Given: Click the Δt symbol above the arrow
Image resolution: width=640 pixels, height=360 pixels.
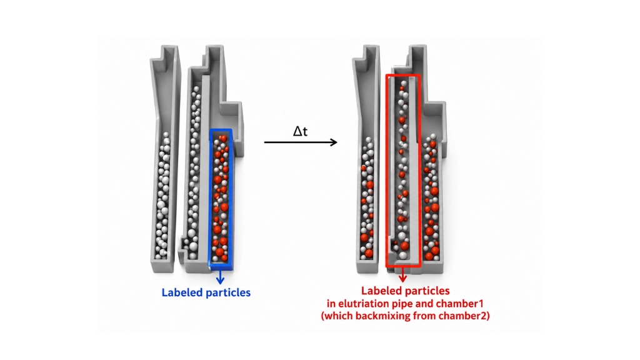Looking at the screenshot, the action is pyautogui.click(x=300, y=131).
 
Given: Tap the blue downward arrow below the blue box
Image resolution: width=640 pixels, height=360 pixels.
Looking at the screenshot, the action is pyautogui.click(x=221, y=276).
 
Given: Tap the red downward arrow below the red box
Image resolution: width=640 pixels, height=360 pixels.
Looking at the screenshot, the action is pyautogui.click(x=403, y=274).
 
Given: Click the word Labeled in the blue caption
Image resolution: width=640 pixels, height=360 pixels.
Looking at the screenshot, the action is pyautogui.click(x=182, y=292).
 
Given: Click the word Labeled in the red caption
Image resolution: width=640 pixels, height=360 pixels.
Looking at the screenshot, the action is pyautogui.click(x=382, y=291).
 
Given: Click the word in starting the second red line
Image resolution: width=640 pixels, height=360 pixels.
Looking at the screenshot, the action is pyautogui.click(x=331, y=304).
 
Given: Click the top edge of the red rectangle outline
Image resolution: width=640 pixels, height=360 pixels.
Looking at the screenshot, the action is pyautogui.click(x=403, y=76).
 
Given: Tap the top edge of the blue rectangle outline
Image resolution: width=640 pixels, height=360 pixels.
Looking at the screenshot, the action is pyautogui.click(x=221, y=131).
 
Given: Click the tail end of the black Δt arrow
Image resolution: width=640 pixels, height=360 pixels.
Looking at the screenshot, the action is pyautogui.click(x=264, y=142).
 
